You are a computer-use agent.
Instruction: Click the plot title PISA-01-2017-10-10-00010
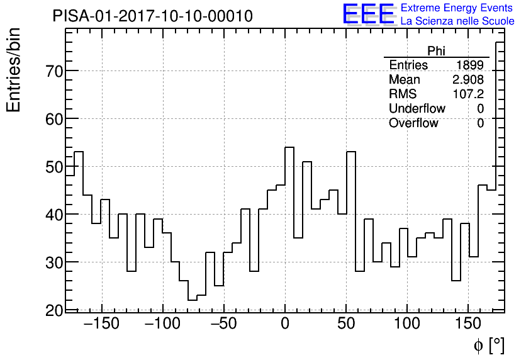[x=153, y=16]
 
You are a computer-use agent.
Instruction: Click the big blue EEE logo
[x=368, y=14]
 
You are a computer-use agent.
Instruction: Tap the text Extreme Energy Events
[x=457, y=8]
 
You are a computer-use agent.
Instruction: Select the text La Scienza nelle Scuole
[x=457, y=21]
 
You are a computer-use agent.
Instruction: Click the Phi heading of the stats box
[x=436, y=51]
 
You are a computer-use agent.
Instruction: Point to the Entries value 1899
[x=469, y=65]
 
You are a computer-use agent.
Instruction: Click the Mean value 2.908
[x=467, y=80]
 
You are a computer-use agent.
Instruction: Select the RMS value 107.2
[x=468, y=94]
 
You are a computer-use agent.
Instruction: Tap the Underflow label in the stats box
[x=417, y=109]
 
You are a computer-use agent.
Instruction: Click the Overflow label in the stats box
[x=413, y=123]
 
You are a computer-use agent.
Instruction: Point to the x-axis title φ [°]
[x=488, y=346]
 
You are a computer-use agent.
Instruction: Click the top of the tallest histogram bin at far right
[x=500, y=42]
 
